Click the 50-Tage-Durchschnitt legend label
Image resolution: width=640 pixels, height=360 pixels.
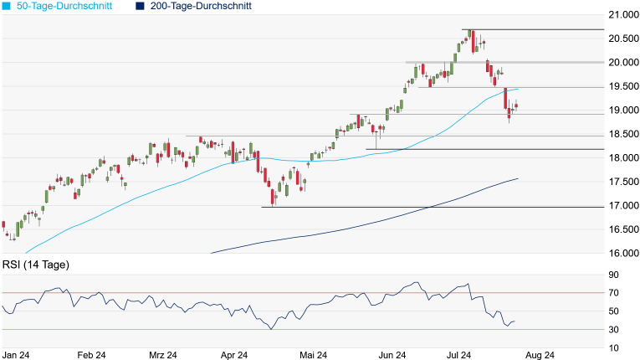tap(64, 7)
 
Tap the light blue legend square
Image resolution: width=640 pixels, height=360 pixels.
tap(8, 7)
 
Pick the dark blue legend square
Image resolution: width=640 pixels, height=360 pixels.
tap(139, 7)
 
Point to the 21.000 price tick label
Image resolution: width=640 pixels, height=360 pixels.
tap(622, 15)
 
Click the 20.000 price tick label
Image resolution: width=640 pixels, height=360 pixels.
tap(622, 63)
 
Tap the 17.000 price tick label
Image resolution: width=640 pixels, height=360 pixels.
tap(622, 206)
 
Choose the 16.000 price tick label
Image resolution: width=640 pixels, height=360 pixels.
tap(622, 254)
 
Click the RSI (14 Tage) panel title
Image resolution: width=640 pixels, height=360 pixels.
tap(36, 265)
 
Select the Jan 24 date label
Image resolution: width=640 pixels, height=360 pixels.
tap(17, 354)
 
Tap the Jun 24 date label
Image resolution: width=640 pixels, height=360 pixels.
tap(392, 354)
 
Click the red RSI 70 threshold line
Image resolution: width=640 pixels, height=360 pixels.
tap(251, 292)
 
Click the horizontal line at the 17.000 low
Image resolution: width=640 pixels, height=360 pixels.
tap(418, 207)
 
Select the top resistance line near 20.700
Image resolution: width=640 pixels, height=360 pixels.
tap(544, 30)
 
